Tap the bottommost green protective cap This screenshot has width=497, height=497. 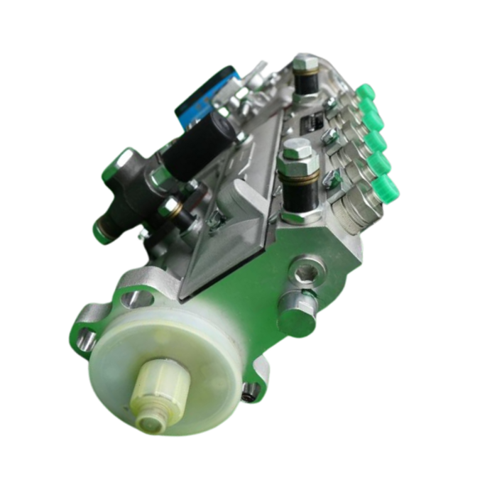tap(388, 190)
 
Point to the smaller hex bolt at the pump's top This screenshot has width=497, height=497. tap(305, 64)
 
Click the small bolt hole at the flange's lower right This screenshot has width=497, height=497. tap(250, 389)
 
